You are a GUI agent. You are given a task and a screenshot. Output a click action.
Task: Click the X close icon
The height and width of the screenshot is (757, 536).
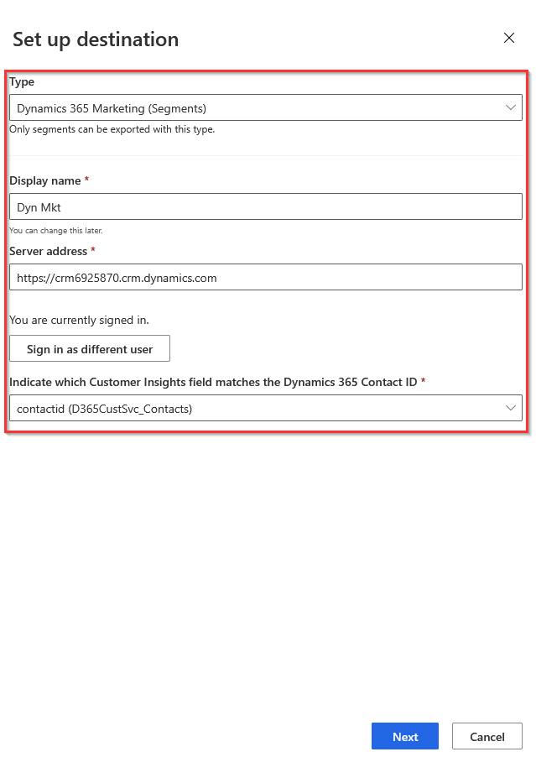click(508, 38)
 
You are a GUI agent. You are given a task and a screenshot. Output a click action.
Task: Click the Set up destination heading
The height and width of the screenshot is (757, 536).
click(96, 39)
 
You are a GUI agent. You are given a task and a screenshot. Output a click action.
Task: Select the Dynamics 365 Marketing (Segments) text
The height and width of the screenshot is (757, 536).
click(112, 108)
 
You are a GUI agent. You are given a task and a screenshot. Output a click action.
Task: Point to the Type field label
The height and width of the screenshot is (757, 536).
click(22, 82)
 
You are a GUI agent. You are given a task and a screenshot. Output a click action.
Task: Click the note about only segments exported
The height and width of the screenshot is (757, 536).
click(112, 129)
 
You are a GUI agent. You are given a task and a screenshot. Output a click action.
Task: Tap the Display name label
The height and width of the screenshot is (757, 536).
click(45, 180)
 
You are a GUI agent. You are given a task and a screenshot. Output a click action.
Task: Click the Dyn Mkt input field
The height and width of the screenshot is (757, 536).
click(265, 207)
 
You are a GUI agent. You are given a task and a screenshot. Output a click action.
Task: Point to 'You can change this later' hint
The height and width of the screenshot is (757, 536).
click(55, 230)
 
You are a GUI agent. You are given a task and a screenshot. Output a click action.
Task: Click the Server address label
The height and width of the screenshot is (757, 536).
click(48, 251)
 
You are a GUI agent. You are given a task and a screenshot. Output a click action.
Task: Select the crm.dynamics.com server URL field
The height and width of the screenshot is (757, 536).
click(265, 278)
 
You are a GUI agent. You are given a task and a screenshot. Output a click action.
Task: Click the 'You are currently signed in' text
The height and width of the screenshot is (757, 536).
click(79, 320)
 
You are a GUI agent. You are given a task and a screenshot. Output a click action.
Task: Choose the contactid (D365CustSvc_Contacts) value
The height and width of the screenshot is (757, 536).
click(105, 409)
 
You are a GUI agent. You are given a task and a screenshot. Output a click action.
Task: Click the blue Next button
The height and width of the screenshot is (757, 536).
click(405, 736)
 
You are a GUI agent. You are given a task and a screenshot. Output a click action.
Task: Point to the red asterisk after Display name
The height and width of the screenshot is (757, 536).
click(87, 180)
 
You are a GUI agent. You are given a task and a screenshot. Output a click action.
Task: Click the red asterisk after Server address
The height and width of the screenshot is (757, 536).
click(93, 251)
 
